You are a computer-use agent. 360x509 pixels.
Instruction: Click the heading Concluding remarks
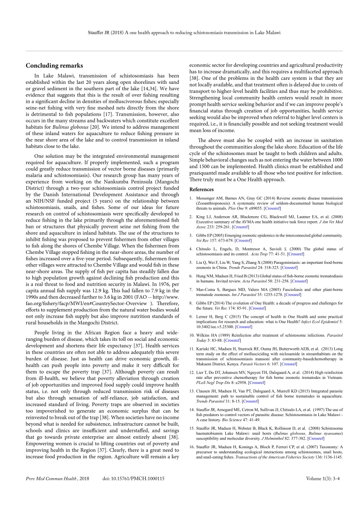(x=51, y=66)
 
